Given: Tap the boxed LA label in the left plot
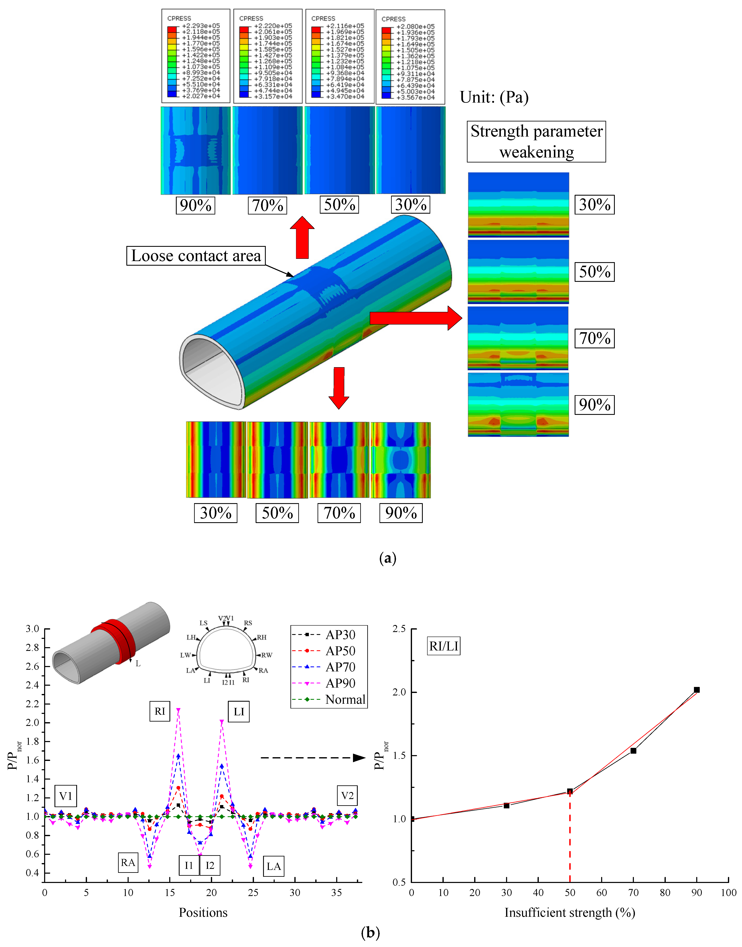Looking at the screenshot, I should tap(273, 866).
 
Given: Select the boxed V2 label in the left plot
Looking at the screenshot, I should tap(347, 796).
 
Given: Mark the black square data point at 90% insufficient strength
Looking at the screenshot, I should tap(697, 690).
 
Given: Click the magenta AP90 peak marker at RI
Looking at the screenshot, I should tap(178, 710).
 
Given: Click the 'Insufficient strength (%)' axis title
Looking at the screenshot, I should tap(569, 913).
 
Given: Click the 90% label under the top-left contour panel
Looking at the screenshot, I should tap(196, 205).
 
